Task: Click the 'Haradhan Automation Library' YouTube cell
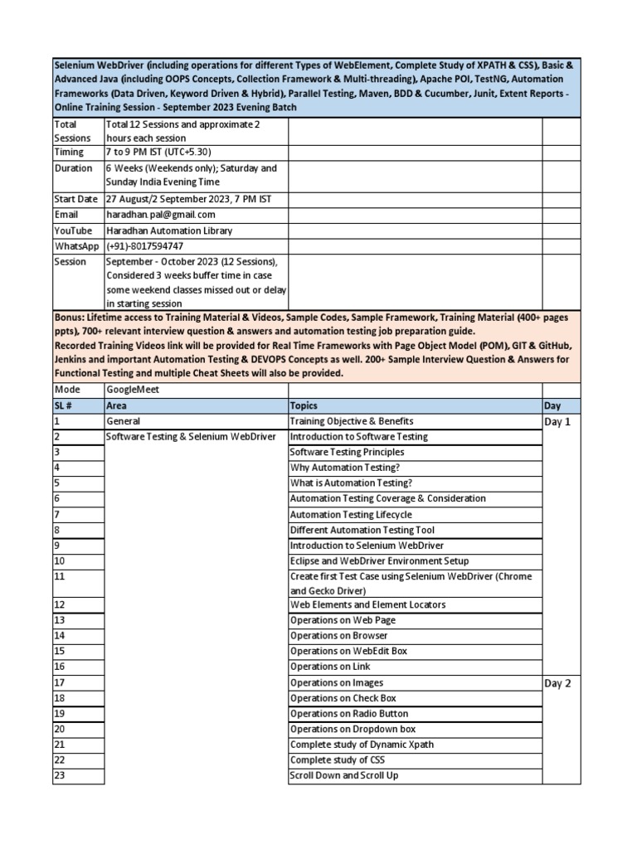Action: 169,230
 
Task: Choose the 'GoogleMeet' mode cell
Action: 132,390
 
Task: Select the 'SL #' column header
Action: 66,406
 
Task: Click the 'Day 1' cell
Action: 557,422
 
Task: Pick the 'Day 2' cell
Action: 557,683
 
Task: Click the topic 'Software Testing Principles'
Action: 347,453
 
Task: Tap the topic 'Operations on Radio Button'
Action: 348,714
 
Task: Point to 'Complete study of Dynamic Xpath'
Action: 362,745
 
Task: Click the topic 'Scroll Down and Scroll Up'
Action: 344,776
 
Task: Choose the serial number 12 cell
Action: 60,605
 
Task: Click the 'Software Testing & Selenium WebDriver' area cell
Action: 191,437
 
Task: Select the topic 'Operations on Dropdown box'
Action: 353,730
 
